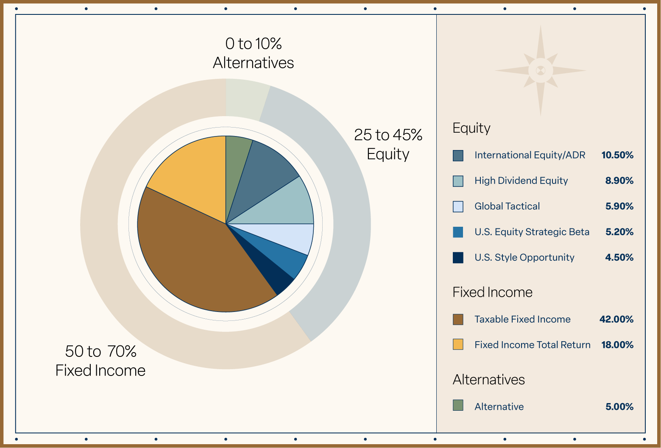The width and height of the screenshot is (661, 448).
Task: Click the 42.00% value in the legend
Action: point(616,319)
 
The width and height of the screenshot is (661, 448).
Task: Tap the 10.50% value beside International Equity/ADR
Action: point(617,155)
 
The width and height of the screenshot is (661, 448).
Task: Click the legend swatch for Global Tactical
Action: point(458,206)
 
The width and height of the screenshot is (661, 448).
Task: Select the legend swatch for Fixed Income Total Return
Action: point(458,344)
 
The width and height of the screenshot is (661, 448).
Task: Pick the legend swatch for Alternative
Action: point(458,405)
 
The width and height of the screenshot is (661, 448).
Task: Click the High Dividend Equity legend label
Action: point(521,181)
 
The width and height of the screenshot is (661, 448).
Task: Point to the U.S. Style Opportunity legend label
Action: point(524,257)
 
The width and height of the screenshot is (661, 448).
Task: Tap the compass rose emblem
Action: point(540,70)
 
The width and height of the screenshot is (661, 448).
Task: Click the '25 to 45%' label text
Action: point(388,135)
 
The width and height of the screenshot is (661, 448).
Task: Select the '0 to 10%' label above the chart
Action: point(254,44)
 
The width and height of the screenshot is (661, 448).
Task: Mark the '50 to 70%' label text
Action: point(101,351)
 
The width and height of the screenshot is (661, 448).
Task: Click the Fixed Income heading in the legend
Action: point(492,292)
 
